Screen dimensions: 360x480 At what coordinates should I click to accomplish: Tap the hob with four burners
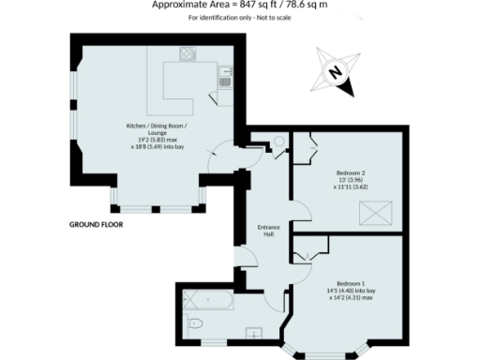(x=187, y=54)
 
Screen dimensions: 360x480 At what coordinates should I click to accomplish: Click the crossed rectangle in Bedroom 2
(x=375, y=217)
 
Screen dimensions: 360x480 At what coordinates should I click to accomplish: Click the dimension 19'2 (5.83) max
(x=157, y=140)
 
